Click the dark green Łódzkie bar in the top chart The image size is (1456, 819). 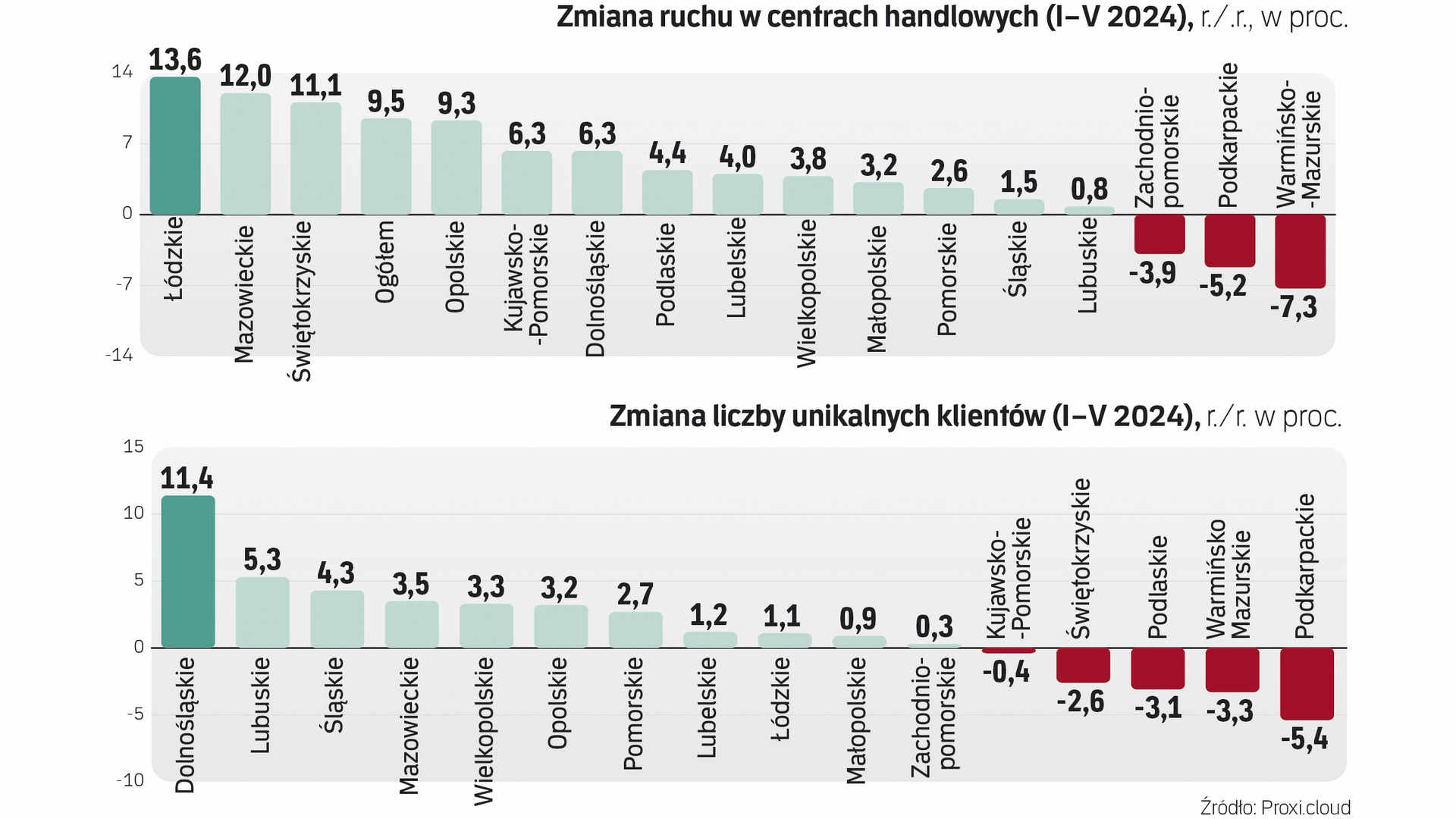(175, 146)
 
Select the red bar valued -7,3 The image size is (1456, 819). (1300, 251)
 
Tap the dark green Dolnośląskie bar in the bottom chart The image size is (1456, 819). (188, 572)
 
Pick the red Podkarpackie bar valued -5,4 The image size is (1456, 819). (1307, 683)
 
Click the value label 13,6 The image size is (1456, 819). (175, 60)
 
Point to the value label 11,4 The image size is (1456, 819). (187, 479)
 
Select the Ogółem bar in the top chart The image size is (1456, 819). (386, 166)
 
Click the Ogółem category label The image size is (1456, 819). (385, 262)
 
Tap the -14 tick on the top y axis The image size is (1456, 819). (119, 355)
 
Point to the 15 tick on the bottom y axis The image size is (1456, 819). (133, 447)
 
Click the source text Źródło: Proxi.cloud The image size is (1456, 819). (1275, 807)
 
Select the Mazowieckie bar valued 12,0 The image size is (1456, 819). (246, 154)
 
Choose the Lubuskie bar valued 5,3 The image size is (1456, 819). (262, 613)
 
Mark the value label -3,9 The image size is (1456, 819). (1153, 272)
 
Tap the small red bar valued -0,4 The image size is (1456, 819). (1009, 651)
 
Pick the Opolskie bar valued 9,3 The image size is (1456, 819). (457, 168)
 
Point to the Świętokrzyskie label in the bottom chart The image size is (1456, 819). (1080, 558)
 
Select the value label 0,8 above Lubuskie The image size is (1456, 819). (1089, 189)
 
